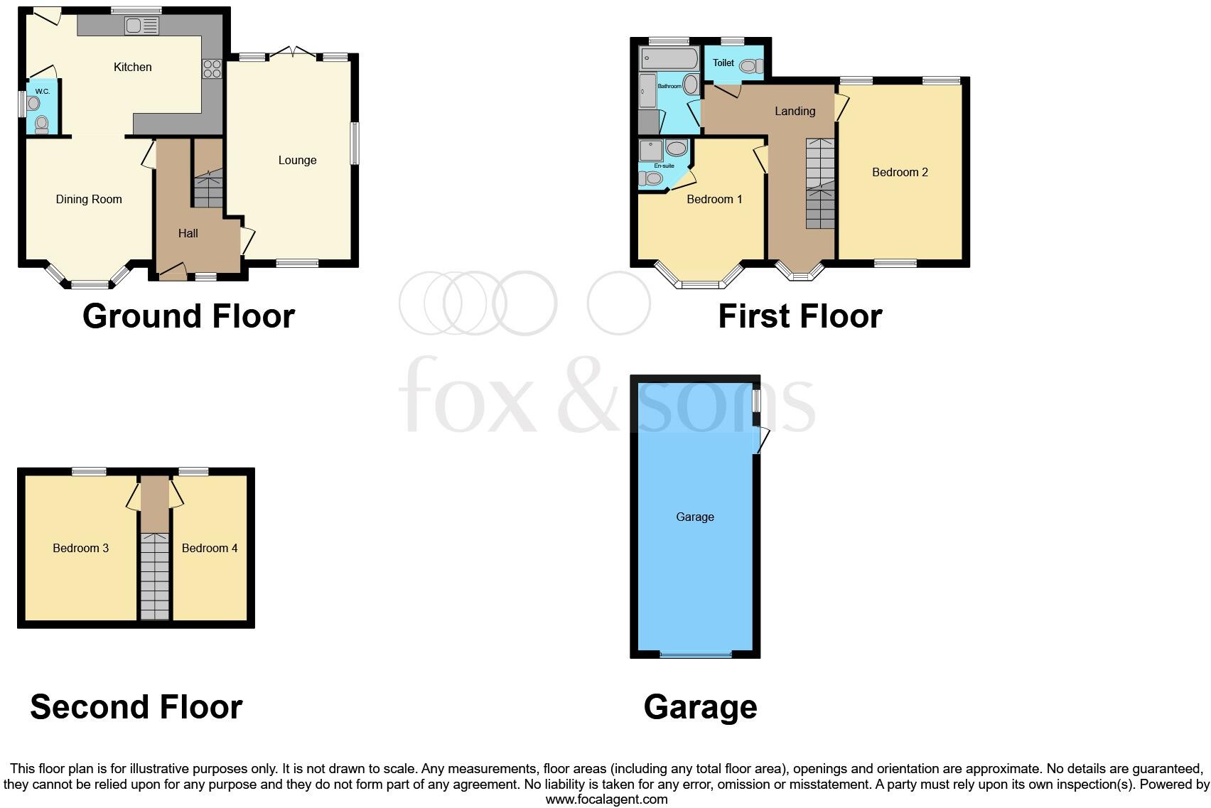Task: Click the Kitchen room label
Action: pos(133,67)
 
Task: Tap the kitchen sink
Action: pos(141,26)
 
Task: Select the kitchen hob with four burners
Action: pos(212,69)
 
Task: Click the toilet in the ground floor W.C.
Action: pos(41,125)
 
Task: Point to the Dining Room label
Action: pos(89,200)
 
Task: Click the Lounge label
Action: pos(297,161)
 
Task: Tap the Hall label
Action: pos(188,233)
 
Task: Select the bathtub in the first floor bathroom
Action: pos(668,58)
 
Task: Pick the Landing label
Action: pos(795,111)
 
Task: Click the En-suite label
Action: pos(664,166)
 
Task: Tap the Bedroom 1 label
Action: pos(714,200)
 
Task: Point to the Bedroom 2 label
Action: pos(900,172)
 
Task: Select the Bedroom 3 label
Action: pos(80,548)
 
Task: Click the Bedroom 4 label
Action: pos(210,548)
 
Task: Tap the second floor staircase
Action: pos(154,576)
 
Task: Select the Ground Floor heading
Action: pos(188,316)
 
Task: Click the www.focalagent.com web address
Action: pos(606,799)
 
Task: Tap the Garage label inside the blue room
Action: pos(694,517)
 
